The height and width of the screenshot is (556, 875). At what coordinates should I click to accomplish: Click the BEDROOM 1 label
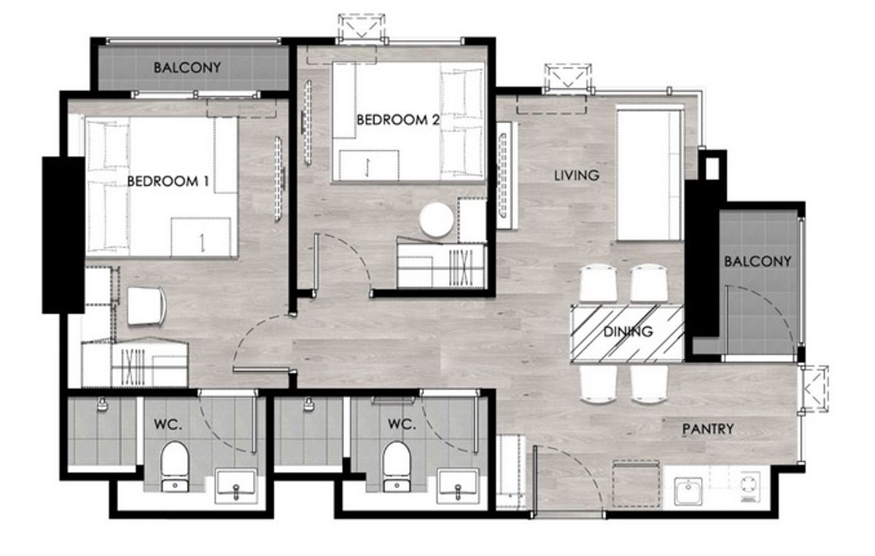pos(168,181)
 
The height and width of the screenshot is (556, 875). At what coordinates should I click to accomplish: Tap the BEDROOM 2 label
pos(398,120)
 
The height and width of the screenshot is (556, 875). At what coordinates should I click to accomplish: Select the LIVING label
pos(577,176)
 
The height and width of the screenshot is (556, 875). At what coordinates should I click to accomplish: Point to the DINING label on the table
pos(628,332)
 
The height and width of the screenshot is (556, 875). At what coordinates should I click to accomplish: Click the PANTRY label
pos(708,429)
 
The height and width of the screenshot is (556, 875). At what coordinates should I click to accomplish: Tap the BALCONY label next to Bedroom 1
pos(187,68)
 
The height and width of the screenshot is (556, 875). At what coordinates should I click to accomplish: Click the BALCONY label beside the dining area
pos(758,261)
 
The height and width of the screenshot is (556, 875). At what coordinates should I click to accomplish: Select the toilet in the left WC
pos(174,466)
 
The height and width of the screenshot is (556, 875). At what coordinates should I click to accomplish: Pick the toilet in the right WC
pos(397,466)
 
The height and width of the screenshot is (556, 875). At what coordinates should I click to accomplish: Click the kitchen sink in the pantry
pos(688,491)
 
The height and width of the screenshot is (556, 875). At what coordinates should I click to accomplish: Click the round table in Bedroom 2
pos(436,220)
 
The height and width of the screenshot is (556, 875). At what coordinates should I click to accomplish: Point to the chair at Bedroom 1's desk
pos(147,306)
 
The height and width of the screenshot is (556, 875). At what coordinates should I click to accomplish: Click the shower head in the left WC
pos(102,404)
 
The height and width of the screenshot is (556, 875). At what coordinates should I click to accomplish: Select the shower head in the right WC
pos(309,404)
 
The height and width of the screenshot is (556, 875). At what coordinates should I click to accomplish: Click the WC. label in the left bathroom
pos(168,424)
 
